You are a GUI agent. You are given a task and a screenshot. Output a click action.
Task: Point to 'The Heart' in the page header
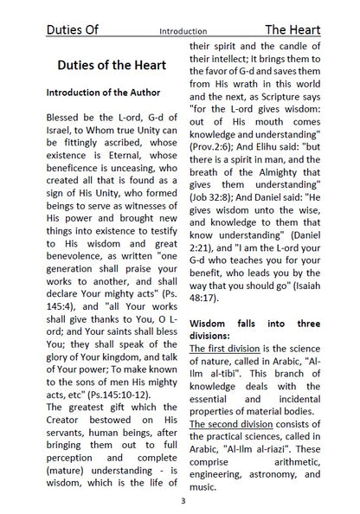[x=292, y=29]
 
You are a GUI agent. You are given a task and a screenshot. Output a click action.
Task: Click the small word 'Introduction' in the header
[x=182, y=31]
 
